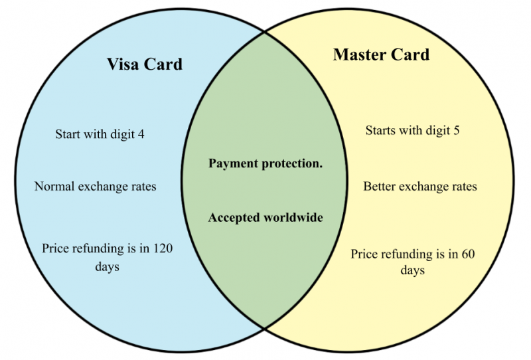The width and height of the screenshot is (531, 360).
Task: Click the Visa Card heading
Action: pyautogui.click(x=145, y=64)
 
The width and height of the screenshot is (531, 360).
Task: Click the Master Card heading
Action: pyautogui.click(x=381, y=54)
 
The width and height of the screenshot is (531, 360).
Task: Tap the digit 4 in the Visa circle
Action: pyautogui.click(x=141, y=134)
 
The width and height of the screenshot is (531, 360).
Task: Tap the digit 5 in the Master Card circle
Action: pyautogui.click(x=456, y=130)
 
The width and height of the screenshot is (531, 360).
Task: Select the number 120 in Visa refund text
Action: pyautogui.click(x=163, y=248)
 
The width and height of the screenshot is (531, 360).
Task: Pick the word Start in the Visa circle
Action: pyautogui.click(x=68, y=134)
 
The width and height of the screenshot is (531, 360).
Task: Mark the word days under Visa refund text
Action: pyautogui.click(x=107, y=267)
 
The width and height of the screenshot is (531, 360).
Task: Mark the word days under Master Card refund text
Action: pyautogui.click(x=412, y=270)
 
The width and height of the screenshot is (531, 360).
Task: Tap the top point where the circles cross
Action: pyautogui.click(x=265, y=33)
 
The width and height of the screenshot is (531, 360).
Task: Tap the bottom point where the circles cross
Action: pyautogui.click(x=265, y=328)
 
